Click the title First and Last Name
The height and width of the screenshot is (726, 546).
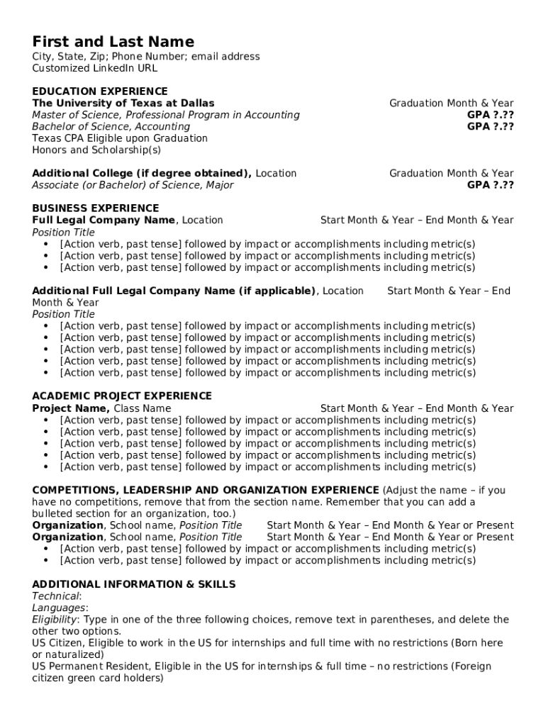113,41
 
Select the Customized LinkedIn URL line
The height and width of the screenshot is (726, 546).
94,68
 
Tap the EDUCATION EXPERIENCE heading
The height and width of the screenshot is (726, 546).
100,91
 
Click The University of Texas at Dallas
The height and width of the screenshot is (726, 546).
123,103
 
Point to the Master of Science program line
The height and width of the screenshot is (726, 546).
165,115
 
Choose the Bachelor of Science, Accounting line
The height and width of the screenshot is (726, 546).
111,126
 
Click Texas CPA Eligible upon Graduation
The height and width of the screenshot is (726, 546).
119,138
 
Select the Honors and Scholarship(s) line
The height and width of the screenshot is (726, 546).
96,150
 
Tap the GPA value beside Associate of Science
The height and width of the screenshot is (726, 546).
490,185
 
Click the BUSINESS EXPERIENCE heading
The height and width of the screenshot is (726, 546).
95,208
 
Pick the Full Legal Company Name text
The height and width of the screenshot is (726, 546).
104,220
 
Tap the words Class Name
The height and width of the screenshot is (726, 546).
143,408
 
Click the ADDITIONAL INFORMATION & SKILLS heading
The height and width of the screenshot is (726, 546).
134,584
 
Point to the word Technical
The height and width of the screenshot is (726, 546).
56,596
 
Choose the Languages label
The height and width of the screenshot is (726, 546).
59,608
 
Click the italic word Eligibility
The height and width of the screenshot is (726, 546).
56,620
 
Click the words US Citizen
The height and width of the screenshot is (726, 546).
56,643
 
